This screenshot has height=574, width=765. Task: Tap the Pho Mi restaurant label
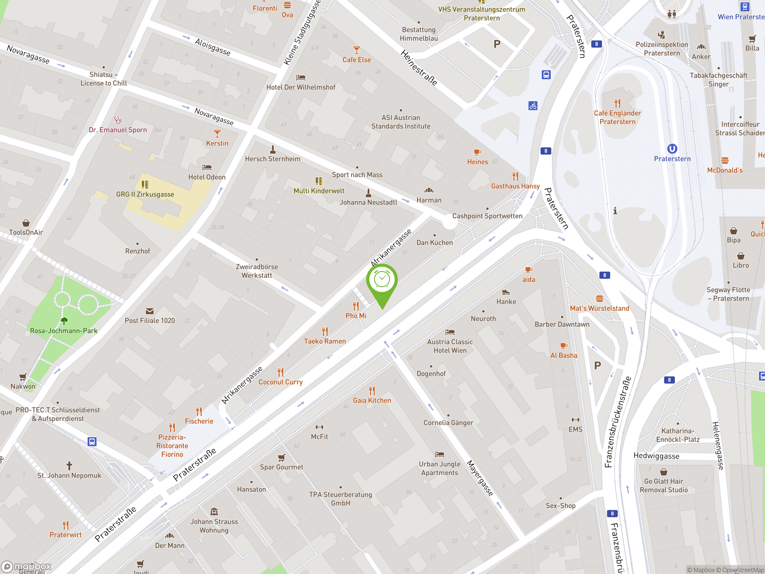click(356, 315)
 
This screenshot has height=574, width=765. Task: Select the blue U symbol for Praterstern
click(672, 149)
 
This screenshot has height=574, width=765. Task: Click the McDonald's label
click(725, 170)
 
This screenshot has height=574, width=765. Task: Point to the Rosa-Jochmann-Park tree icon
click(64, 321)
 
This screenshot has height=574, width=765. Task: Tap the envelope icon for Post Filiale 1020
click(149, 311)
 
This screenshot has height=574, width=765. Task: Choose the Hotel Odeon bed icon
click(207, 167)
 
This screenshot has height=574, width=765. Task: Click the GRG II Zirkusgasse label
click(145, 194)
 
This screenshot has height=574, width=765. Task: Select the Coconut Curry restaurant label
click(281, 382)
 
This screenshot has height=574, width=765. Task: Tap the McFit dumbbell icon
click(319, 427)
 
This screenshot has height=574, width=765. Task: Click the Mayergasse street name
click(480, 478)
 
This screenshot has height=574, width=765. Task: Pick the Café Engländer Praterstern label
click(617, 117)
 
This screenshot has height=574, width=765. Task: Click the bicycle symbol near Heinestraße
click(533, 106)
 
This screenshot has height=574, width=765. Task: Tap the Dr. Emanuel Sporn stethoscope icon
click(117, 120)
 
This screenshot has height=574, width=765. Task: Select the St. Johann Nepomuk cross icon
click(69, 465)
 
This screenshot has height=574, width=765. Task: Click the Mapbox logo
click(26, 567)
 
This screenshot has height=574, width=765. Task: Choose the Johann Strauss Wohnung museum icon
click(214, 512)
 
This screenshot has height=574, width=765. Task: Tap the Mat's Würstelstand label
click(599, 308)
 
